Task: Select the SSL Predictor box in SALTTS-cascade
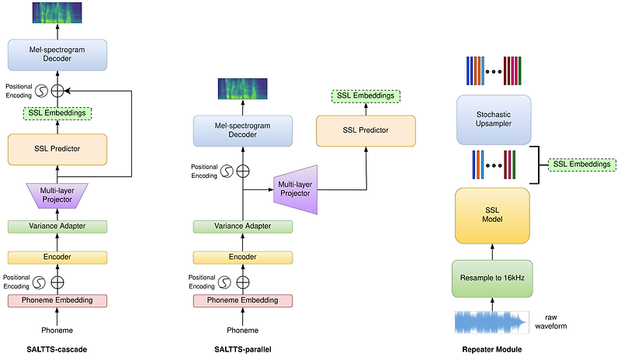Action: click(57, 148)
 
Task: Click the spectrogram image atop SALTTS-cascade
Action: click(57, 12)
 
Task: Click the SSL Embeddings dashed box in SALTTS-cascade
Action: click(57, 113)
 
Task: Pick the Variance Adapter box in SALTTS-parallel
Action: click(242, 227)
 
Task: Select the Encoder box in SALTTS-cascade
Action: click(57, 256)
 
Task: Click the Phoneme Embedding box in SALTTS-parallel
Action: click(242, 299)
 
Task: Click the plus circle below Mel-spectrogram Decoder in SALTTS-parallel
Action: click(244, 170)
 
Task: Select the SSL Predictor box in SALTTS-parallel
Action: click(363, 130)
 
